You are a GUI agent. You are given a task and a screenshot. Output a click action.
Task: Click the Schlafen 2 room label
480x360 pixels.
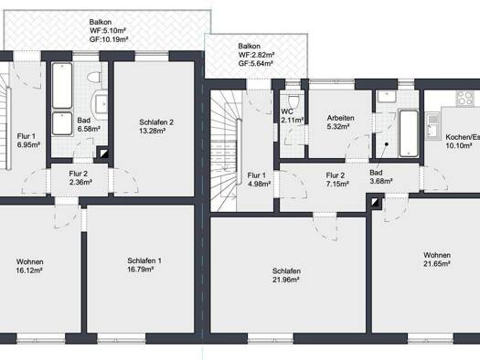(x=156, y=122)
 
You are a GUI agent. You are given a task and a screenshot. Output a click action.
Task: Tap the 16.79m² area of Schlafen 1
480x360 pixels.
(x=141, y=270)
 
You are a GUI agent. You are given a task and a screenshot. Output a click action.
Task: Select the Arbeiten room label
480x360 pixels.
(x=340, y=118)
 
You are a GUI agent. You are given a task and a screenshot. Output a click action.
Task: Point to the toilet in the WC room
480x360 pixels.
(x=293, y=100)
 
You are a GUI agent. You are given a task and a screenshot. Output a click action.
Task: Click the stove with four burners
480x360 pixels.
(x=464, y=98)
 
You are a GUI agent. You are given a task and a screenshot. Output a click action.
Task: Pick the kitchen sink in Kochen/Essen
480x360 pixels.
(x=432, y=126)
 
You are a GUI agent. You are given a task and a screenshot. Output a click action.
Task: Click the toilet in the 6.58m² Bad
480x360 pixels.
(x=94, y=77)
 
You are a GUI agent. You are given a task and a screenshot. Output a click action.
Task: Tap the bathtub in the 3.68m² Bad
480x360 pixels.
(x=409, y=133)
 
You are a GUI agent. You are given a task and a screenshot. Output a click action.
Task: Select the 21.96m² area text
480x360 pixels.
(x=286, y=280)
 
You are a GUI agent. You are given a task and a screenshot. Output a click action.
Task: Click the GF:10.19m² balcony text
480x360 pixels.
(x=109, y=39)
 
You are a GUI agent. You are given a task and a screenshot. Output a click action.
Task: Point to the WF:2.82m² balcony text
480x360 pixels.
(x=256, y=55)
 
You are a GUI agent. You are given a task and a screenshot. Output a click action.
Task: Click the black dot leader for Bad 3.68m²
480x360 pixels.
(x=387, y=143)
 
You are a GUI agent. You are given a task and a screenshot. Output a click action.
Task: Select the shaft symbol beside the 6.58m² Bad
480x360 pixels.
(x=104, y=154)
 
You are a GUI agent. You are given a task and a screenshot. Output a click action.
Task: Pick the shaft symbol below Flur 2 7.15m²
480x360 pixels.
(x=375, y=202)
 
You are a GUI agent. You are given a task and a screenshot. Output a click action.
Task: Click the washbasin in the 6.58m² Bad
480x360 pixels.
(x=101, y=103)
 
